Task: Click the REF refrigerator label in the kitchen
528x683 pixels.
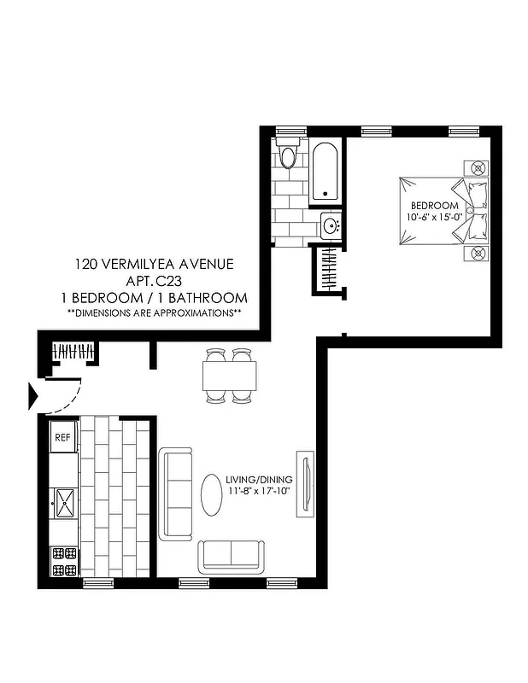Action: tap(62, 437)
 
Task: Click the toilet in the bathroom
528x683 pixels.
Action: tap(288, 155)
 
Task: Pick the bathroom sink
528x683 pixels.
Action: tap(331, 226)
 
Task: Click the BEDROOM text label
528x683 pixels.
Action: tap(435, 206)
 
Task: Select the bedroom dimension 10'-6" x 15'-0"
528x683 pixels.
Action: tap(435, 217)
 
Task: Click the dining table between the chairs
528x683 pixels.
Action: tap(229, 375)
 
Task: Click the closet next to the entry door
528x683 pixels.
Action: tap(73, 351)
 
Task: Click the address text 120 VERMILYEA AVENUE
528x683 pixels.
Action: tap(153, 265)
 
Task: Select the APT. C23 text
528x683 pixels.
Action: tap(154, 281)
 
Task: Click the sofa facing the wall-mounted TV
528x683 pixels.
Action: tap(178, 494)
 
